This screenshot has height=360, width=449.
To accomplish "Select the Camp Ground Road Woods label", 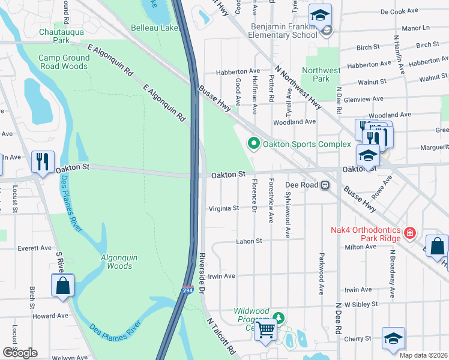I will click(64, 62).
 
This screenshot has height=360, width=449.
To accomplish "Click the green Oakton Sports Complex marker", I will click(253, 143).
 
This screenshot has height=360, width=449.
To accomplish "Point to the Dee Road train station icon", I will click(325, 185).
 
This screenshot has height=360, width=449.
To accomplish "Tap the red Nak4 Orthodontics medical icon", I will click(410, 232).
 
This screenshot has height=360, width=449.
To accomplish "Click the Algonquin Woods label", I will click(119, 262).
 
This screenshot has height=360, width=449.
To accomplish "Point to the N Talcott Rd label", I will click(220, 338).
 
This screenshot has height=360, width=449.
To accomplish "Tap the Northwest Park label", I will click(321, 74).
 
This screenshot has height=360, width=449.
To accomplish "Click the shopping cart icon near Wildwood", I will click(265, 328).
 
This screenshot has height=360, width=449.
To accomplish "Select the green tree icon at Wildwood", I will click(277, 316).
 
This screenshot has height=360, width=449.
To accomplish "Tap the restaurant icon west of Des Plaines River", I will click(42, 161).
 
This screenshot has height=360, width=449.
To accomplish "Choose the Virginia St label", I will click(223, 208).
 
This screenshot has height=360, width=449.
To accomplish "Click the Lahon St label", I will click(252, 241).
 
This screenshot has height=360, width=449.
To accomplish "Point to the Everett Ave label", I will click(35, 247).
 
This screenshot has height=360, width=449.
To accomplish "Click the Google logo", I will click(20, 352).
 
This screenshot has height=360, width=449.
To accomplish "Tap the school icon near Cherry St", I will click(393, 338).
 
